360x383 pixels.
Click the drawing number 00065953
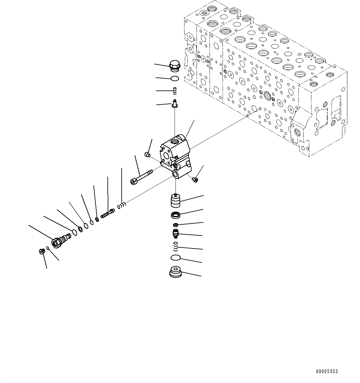327,371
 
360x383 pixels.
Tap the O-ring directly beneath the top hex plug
175,78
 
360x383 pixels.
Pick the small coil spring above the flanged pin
175,91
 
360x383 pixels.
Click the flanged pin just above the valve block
175,103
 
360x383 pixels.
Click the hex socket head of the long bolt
134,181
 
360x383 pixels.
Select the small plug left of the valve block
147,154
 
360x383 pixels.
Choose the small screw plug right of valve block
195,180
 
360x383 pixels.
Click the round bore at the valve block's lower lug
176,175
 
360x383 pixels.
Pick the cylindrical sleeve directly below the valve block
176,201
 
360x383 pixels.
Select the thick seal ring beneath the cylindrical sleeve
176,215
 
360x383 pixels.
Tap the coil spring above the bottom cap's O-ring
176,246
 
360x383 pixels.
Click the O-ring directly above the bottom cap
176,258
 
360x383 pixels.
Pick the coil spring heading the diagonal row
122,205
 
